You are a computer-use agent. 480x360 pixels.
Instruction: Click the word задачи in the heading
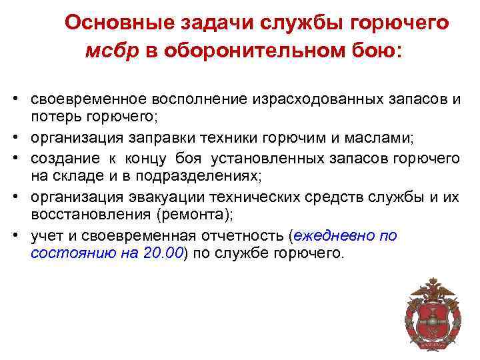click(201, 23)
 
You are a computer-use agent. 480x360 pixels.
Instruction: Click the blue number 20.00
click(163, 253)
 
